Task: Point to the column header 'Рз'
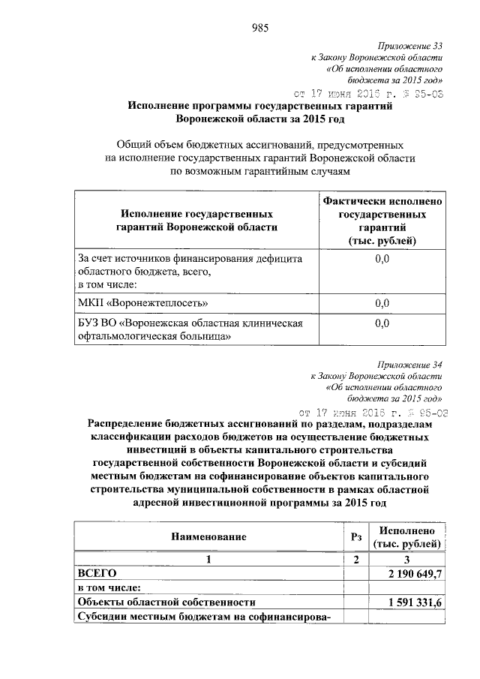pos(357,536)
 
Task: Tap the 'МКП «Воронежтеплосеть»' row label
pos(143,302)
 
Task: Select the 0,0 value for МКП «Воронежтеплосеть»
pos(382,303)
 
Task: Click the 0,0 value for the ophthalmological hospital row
pos(382,323)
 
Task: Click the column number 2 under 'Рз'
pos(357,559)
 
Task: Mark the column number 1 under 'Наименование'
pos(210,559)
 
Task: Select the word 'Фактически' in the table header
pos(352,201)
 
